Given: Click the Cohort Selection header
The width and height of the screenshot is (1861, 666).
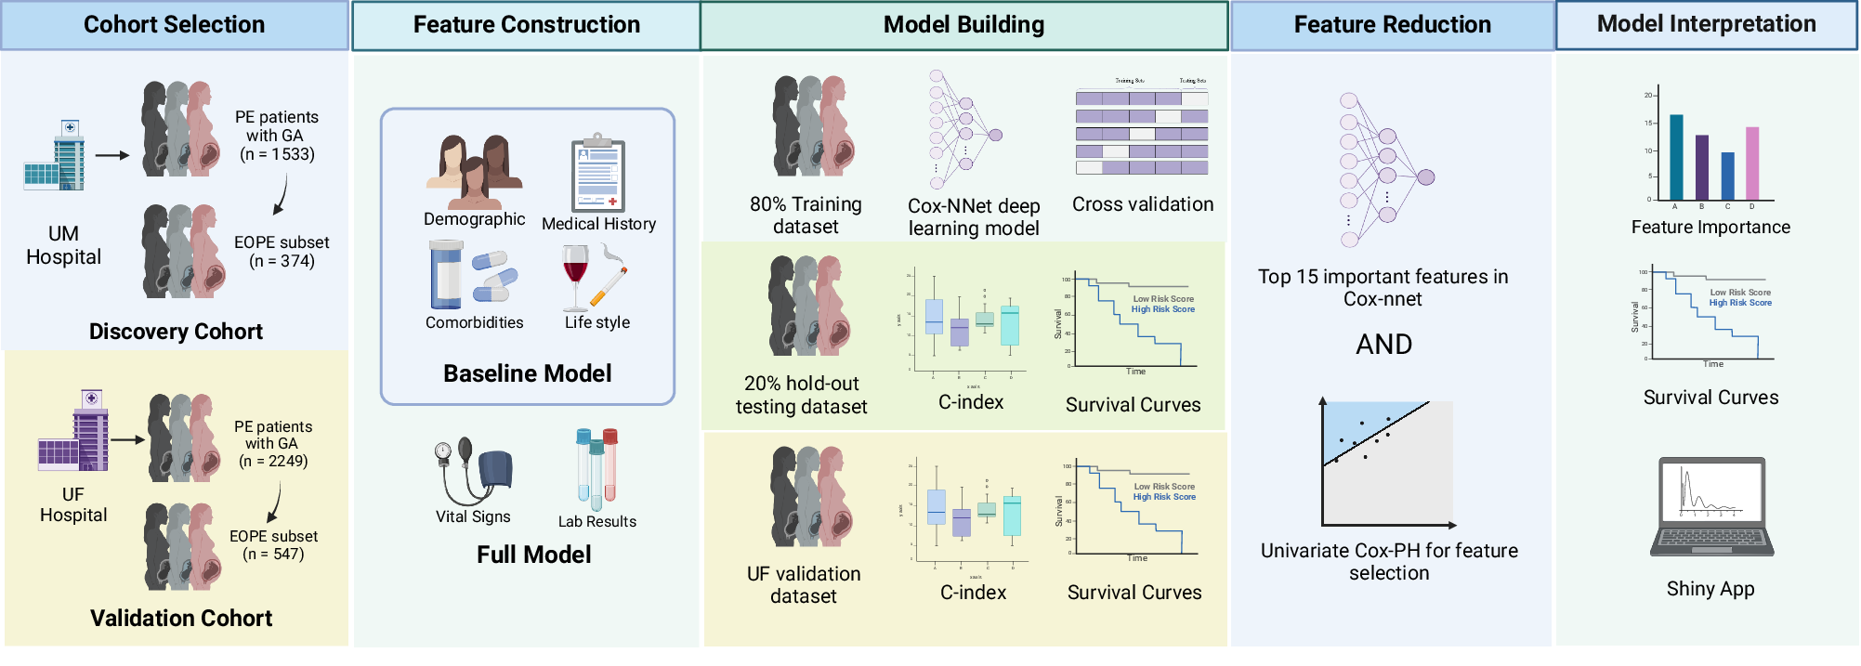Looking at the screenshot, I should [174, 25].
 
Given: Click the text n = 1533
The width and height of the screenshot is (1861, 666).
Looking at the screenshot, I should [277, 154].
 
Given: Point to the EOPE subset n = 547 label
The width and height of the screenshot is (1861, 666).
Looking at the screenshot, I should [273, 545].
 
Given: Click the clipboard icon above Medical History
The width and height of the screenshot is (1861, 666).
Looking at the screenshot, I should [597, 175].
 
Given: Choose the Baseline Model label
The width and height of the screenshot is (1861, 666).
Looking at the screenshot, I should [527, 373].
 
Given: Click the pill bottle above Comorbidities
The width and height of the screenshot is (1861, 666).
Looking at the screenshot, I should [446, 275].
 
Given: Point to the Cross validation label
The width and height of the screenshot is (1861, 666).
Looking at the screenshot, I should [1142, 204].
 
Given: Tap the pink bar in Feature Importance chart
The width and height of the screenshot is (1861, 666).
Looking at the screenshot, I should [1752, 164].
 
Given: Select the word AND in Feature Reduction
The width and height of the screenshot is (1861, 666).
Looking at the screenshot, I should [1383, 345].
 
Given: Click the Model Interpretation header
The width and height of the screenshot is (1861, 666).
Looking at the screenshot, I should [1706, 24].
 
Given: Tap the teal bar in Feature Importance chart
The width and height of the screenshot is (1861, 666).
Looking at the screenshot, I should [1676, 158].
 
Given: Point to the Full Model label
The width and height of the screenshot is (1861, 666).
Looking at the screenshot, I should [533, 555].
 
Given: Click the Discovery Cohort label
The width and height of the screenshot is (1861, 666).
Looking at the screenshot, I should [176, 332].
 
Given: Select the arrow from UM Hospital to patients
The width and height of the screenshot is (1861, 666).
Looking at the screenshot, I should [112, 156].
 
